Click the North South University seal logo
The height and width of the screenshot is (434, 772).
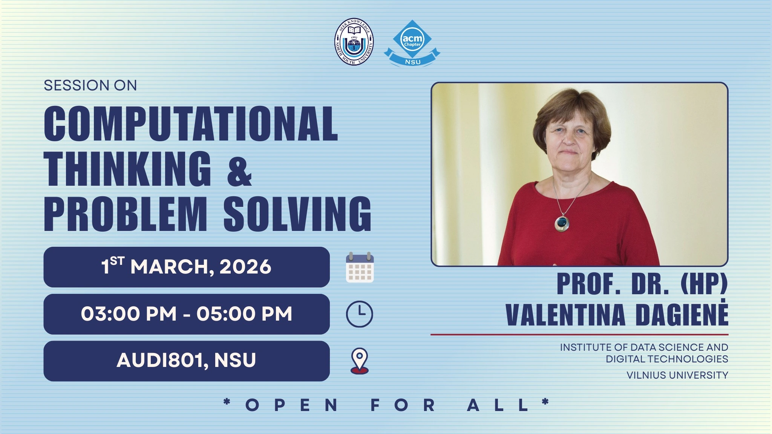[x=354, y=42]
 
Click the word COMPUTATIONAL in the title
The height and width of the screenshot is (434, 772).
[x=191, y=124]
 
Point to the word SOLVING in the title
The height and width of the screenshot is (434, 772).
[x=297, y=214]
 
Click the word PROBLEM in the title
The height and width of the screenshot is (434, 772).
[x=126, y=214]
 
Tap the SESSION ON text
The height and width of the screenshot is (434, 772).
[x=90, y=86]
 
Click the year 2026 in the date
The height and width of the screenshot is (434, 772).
[x=245, y=267]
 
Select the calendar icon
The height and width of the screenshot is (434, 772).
[x=360, y=267]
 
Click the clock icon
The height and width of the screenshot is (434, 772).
[x=360, y=314]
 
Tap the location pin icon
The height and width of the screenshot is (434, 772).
[x=360, y=361]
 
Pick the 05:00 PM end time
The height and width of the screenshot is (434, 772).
[x=244, y=314]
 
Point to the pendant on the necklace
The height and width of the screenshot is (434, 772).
[x=562, y=223]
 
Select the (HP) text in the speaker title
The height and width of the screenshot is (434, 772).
[x=704, y=284]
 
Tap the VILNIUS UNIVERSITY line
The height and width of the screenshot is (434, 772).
[x=677, y=375]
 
